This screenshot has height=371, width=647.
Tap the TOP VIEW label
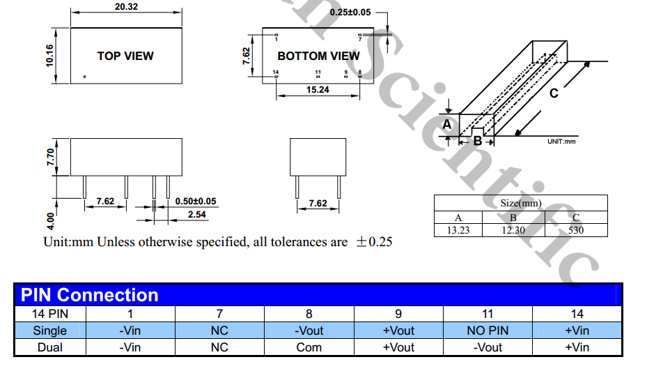click(x=125, y=56)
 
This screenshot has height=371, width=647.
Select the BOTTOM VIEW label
click(x=319, y=56)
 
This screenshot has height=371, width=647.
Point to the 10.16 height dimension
click(x=49, y=55)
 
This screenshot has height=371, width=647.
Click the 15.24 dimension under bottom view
click(x=318, y=90)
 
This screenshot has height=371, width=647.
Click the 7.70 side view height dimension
click(x=49, y=156)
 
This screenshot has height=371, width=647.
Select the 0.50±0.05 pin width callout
click(x=196, y=201)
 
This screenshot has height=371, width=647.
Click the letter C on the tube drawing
click(x=554, y=93)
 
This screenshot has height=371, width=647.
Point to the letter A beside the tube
click(x=447, y=124)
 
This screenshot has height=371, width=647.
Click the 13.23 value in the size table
click(x=458, y=230)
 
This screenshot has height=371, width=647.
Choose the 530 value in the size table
click(x=576, y=230)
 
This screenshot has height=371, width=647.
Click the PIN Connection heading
click(x=90, y=295)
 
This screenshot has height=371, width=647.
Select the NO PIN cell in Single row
click(x=488, y=331)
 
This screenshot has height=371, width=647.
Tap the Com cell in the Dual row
click(x=309, y=347)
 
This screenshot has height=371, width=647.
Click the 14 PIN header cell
click(x=50, y=314)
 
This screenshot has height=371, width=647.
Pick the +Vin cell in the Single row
click(x=577, y=331)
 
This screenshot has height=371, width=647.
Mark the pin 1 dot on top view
click(x=84, y=76)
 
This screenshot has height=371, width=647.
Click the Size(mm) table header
click(x=520, y=203)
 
